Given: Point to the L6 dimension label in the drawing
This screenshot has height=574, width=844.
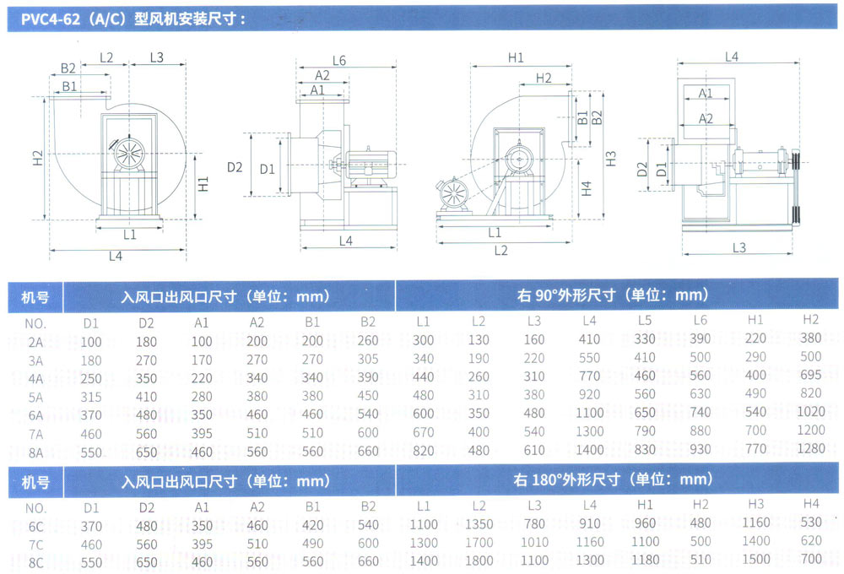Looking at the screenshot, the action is (x=339, y=60).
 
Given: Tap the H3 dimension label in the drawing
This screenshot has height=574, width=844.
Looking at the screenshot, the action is (x=610, y=159).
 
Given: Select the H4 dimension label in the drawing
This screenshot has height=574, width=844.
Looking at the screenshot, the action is (x=587, y=188).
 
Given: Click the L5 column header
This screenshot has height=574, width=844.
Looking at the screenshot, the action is (x=644, y=321).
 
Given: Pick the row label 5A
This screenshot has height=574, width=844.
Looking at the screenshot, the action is (x=35, y=398).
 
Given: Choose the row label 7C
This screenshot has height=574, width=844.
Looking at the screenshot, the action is (x=35, y=544).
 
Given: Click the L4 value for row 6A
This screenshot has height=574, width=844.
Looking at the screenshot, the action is (x=589, y=413).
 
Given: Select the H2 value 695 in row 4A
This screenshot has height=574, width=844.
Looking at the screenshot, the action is (x=810, y=375).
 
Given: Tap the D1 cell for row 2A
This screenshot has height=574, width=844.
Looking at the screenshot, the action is (x=91, y=342).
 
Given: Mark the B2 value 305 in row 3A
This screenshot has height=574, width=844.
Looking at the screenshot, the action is (x=368, y=359).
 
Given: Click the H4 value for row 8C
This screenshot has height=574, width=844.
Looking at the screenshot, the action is (x=811, y=559).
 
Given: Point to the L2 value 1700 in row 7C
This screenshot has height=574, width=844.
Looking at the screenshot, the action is (x=479, y=542).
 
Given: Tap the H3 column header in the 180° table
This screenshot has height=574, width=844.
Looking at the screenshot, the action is (x=755, y=504).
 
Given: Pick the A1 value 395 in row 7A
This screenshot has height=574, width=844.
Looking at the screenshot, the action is (x=202, y=434).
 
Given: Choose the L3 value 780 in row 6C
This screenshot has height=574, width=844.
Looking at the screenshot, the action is (x=534, y=523).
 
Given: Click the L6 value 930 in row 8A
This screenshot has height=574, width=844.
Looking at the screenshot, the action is (x=700, y=450).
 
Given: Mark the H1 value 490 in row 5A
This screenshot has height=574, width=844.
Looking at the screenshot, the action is (x=755, y=393).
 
